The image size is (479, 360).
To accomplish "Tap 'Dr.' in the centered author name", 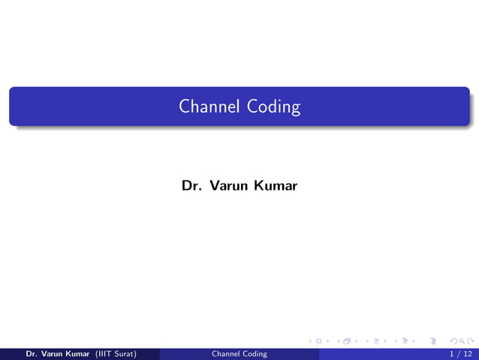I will click(x=189, y=185).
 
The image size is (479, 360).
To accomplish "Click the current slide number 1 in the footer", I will click(x=451, y=354).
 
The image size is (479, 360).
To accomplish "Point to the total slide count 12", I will click(x=468, y=354).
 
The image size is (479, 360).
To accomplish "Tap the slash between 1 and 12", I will click(x=458, y=354).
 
